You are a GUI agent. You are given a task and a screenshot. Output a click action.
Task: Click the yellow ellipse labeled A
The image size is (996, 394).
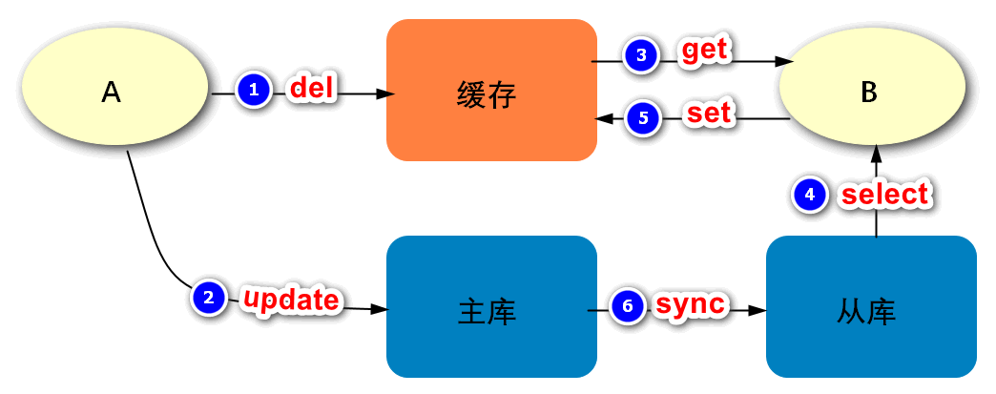pyautogui.click(x=113, y=92)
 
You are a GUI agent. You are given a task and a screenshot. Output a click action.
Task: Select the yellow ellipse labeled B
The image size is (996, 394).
pyautogui.click(x=868, y=92)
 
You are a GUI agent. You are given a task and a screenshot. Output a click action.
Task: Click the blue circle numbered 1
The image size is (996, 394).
pyautogui.click(x=253, y=90)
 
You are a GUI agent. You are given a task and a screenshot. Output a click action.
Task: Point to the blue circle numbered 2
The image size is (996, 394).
pyautogui.click(x=209, y=298)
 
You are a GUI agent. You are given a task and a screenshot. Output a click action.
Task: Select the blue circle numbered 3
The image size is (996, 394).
pyautogui.click(x=641, y=55)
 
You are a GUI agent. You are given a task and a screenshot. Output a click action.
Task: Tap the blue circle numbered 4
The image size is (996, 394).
pyautogui.click(x=810, y=195)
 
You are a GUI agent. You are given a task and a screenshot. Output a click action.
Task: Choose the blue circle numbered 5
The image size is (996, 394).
pyautogui.click(x=643, y=118)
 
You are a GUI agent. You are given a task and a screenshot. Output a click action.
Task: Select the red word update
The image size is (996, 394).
pyautogui.click(x=291, y=300)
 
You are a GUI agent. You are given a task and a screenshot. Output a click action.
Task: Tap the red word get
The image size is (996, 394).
pyautogui.click(x=705, y=52)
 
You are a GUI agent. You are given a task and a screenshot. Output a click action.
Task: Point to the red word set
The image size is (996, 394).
pyautogui.click(x=709, y=114)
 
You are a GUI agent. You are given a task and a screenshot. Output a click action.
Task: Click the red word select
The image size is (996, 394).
pyautogui.click(x=883, y=194)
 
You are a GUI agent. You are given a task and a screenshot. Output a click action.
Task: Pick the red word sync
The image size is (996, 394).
pyautogui.click(x=691, y=304)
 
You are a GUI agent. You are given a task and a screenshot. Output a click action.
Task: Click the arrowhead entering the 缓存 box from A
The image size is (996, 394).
pyautogui.click(x=385, y=94)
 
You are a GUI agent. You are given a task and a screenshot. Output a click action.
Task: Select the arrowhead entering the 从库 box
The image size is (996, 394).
pyautogui.click(x=758, y=311)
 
